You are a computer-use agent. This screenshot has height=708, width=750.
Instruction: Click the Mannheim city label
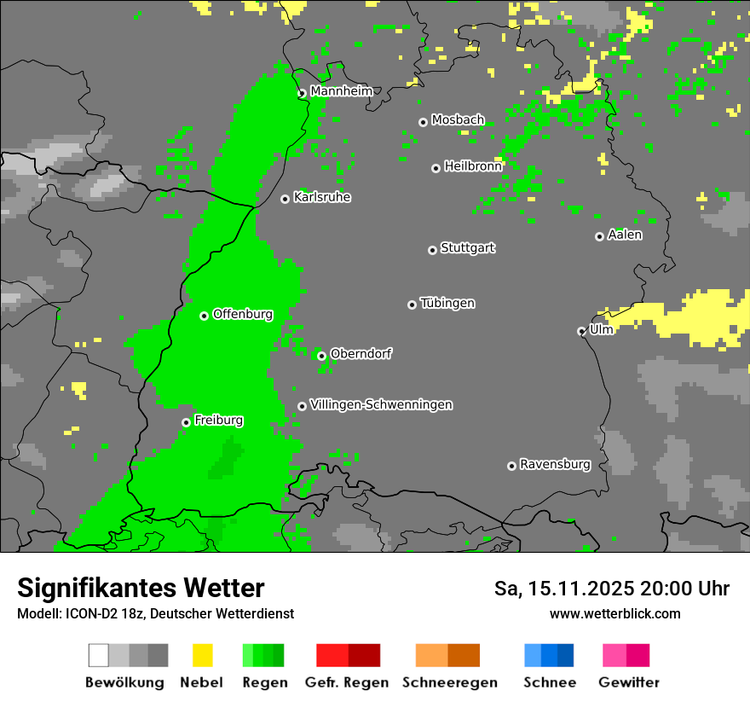pos(341,90)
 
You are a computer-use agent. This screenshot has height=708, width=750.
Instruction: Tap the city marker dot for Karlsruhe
pos(286,199)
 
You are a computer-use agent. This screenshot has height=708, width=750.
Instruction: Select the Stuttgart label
pos(467,248)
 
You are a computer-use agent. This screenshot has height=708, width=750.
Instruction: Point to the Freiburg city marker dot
pos(186,422)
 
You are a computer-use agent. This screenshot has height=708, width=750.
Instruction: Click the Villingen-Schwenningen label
pos(381,404)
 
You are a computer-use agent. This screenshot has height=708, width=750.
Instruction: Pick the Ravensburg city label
pos(555,465)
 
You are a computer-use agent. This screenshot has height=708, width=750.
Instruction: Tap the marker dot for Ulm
pos(581,331)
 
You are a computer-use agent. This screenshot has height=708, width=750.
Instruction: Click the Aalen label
pos(625,235)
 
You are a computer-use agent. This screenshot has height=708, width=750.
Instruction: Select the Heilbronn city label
pos(473,166)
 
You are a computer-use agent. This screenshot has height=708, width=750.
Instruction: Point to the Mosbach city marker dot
pos(423,122)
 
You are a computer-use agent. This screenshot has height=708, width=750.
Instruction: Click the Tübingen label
pos(447,303)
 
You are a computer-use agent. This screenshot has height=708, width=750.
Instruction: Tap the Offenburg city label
pos(243,314)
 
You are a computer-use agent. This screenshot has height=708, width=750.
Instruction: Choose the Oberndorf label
pos(361,353)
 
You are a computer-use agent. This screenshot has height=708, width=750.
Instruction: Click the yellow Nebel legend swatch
pos(202,655)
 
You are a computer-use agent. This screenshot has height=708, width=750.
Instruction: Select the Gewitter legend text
pos(629,682)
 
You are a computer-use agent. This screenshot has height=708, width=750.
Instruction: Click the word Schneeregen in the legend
pos(450,682)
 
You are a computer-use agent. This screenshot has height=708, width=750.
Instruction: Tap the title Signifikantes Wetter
pos(141,588)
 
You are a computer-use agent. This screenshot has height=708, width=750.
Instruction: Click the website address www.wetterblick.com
pos(614,613)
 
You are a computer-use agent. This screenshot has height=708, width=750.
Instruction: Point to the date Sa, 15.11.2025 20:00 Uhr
pos(611,589)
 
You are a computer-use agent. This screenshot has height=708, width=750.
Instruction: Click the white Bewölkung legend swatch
pos(99,655)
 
